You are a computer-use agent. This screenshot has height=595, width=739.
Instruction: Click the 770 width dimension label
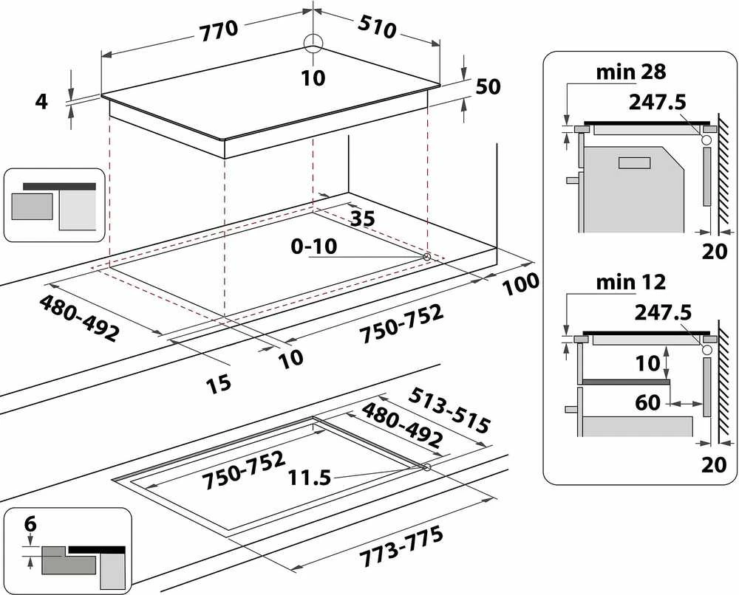click(x=219, y=30)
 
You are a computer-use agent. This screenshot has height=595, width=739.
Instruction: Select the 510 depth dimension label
click(x=377, y=27)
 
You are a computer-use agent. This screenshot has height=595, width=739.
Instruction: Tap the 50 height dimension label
click(x=488, y=86)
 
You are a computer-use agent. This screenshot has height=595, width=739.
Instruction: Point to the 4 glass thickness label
click(x=41, y=101)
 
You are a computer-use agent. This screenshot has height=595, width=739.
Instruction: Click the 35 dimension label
click(x=363, y=218)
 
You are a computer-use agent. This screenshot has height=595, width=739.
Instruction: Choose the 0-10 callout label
click(x=314, y=246)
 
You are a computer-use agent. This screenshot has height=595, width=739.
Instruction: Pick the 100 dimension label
click(x=520, y=284)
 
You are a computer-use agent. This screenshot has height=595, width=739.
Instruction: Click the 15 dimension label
click(x=218, y=382)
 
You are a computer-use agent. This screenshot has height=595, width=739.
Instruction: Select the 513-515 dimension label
click(x=449, y=410)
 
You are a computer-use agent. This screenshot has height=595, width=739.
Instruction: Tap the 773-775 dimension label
click(x=401, y=547)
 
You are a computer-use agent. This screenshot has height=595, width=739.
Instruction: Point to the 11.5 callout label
click(x=310, y=478)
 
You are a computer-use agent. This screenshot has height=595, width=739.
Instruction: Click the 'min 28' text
click(x=631, y=72)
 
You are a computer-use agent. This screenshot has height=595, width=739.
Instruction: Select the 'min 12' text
click(x=631, y=282)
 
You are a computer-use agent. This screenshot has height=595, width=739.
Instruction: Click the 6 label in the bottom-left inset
click(x=30, y=523)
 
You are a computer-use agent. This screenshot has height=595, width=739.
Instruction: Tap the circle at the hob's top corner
click(x=313, y=41)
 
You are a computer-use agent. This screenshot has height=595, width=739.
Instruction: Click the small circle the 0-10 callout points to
click(x=426, y=257)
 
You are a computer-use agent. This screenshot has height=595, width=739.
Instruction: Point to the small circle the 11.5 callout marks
click(x=427, y=467)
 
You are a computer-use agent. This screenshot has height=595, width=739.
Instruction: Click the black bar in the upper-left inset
click(x=59, y=187)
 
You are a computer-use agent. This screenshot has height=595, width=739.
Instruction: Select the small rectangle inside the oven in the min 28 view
click(x=634, y=163)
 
